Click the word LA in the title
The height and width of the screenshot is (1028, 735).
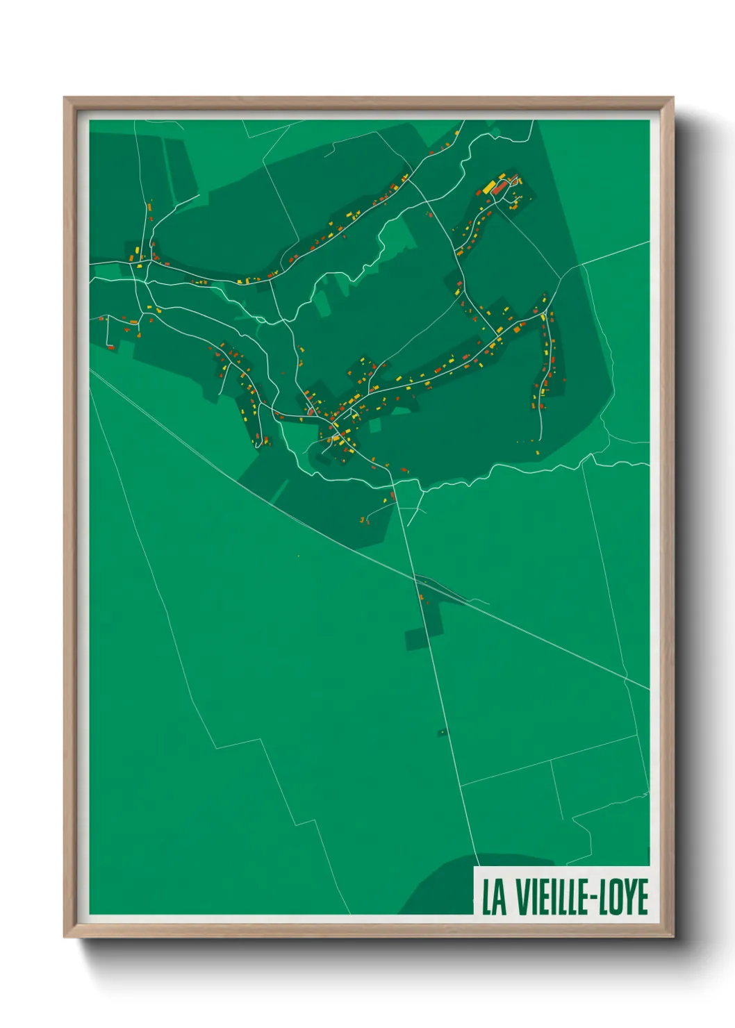[494, 897]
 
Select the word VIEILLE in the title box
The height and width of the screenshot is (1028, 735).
[550, 897]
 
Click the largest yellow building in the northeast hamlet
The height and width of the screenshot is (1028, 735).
[489, 186]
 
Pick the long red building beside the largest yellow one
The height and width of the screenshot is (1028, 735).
[499, 188]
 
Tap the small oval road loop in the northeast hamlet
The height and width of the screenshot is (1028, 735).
[514, 182]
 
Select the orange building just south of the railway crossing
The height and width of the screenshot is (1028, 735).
[421, 597]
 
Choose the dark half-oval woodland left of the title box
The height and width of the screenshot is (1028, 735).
[438, 886]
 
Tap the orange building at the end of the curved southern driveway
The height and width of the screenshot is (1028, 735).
[362, 520]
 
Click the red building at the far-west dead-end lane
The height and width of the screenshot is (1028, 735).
[110, 346]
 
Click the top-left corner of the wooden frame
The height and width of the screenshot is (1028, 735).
[65, 99]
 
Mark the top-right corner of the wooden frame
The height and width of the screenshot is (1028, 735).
[672, 99]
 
